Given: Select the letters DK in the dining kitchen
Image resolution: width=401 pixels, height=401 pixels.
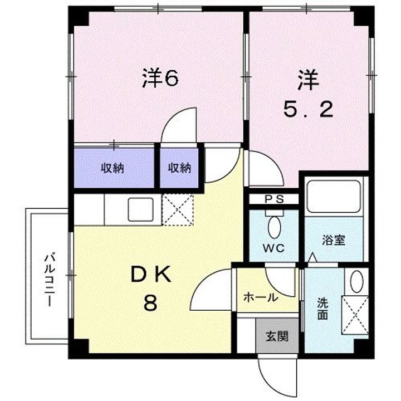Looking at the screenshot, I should [151, 275].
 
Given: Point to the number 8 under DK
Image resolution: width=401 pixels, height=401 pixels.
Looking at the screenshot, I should [150, 304].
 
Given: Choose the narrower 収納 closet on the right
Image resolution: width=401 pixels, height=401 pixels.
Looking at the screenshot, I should [179, 168].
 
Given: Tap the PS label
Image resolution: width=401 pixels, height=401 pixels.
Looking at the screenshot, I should [273, 199].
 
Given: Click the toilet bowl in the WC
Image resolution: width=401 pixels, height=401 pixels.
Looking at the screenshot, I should [274, 227].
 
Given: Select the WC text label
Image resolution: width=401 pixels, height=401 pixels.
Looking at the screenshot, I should [274, 248].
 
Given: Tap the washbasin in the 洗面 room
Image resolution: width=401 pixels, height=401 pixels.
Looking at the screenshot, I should [356, 281].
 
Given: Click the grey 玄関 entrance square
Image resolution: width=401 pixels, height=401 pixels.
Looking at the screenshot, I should [276, 336].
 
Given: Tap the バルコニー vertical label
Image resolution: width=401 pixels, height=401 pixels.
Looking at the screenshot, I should [48, 278].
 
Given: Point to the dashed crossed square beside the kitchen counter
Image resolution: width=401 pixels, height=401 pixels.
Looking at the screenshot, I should [177, 209].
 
